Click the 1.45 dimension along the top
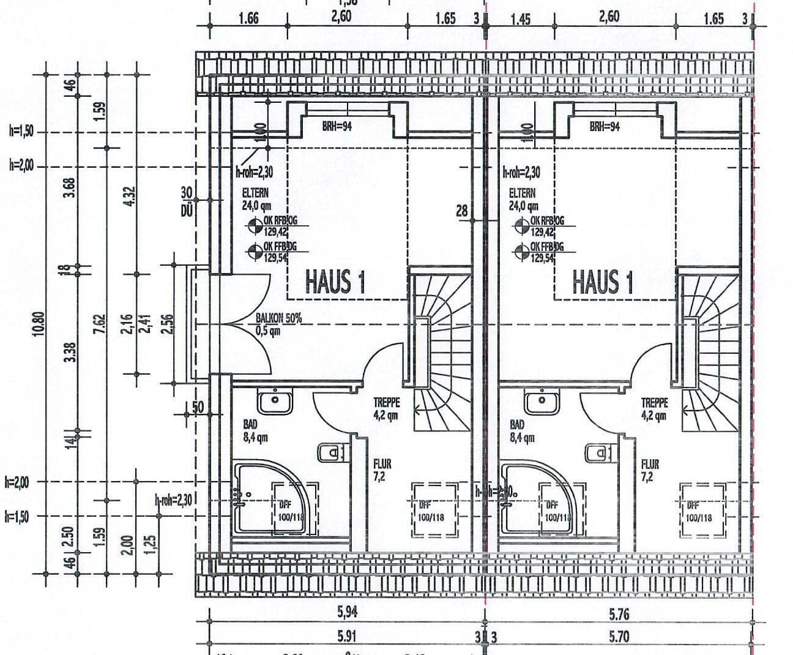520,19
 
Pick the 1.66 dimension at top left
248,19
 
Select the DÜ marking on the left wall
187,211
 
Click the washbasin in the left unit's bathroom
275,402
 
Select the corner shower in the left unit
252,496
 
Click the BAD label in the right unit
517,424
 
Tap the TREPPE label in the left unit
387,403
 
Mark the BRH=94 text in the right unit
605,127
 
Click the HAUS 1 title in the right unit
602,282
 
